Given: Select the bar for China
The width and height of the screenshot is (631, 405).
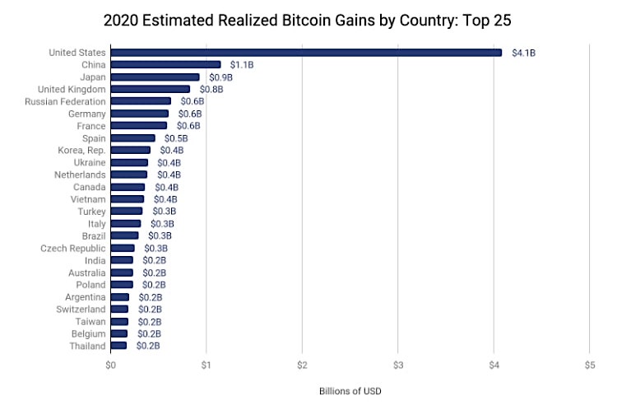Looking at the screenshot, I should (x=165, y=64).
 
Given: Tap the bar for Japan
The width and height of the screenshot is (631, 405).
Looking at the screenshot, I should (x=155, y=77).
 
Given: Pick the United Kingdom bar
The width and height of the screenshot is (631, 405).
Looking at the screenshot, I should (x=151, y=89).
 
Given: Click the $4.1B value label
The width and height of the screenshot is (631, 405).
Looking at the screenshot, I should (x=523, y=53).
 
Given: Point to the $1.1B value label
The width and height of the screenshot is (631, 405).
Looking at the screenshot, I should (x=241, y=64).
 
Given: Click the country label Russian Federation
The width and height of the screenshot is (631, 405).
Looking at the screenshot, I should (x=65, y=101).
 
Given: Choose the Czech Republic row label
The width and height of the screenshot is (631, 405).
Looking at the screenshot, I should (x=73, y=248).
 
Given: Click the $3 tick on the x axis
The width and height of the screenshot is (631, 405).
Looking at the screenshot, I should (x=397, y=365).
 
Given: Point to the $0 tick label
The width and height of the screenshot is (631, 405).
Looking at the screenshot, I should (x=111, y=365).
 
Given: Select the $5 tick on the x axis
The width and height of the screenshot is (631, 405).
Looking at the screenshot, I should (x=589, y=365).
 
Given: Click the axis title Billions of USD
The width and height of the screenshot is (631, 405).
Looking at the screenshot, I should (x=350, y=391).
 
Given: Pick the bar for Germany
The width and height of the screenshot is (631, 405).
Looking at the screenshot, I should (x=140, y=114).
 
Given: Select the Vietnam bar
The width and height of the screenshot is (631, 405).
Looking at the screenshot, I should (x=128, y=199).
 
